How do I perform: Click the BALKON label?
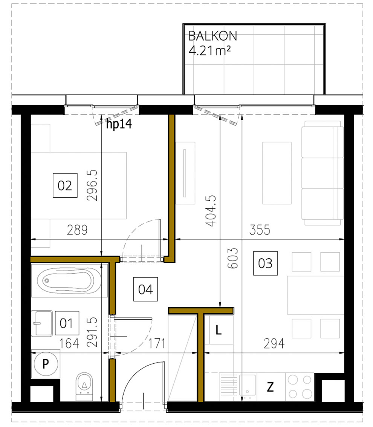[x=212, y=36]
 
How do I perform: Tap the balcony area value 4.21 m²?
[x=209, y=50]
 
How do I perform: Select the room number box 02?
[x=65, y=186]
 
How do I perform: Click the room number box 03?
[x=265, y=263]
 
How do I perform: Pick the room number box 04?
[x=145, y=290]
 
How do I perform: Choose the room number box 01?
[x=67, y=323]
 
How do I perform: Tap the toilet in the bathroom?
[x=84, y=385]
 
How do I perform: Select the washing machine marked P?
[x=45, y=364]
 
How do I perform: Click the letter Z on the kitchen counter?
[x=270, y=387]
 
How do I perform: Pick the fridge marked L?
[x=219, y=331]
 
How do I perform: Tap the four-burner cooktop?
[x=300, y=387]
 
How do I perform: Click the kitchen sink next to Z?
[x=247, y=387]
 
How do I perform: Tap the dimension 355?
[x=260, y=229]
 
